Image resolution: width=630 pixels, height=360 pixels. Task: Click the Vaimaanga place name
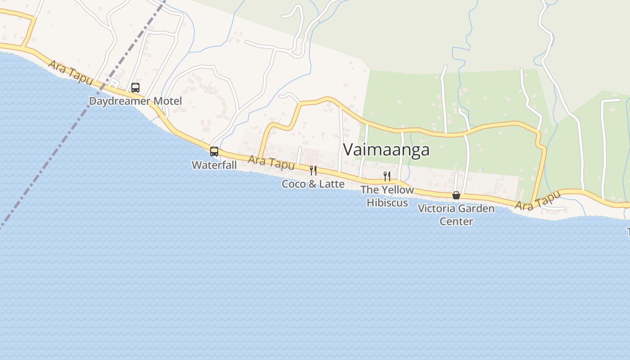click(x=386, y=149)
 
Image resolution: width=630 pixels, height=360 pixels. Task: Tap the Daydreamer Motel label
click(x=135, y=101)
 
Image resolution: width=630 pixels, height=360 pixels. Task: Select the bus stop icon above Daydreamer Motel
click(x=135, y=88)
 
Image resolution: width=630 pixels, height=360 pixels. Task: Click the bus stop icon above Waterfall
click(x=214, y=152)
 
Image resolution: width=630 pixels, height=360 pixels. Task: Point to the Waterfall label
click(x=214, y=165)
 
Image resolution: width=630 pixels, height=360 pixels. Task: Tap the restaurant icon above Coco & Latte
click(x=313, y=171)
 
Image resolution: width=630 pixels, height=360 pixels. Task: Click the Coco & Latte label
click(x=313, y=184)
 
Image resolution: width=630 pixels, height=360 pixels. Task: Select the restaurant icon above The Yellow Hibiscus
click(x=387, y=176)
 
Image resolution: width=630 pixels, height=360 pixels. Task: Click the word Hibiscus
click(x=387, y=202)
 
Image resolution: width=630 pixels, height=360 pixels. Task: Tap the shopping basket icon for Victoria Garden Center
click(x=456, y=195)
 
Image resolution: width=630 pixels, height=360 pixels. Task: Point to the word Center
click(x=456, y=221)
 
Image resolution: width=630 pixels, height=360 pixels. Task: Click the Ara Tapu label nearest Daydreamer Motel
click(x=71, y=73)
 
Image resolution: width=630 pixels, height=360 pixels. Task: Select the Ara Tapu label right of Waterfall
click(x=271, y=162)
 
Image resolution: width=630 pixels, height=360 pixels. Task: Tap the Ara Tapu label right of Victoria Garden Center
click(x=538, y=201)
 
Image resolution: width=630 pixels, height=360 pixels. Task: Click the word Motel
click(x=168, y=101)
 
